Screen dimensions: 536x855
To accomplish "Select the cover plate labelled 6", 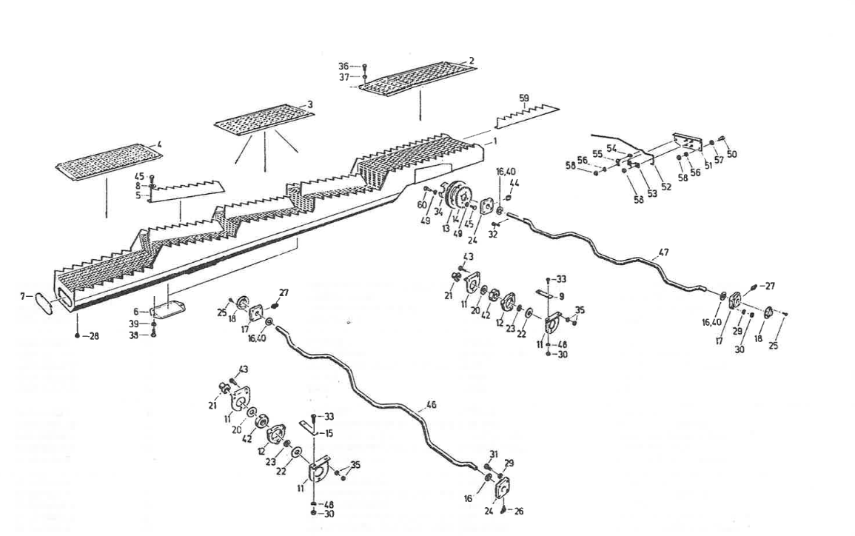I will point(168,306).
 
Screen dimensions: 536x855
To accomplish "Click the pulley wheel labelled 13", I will point(457,198).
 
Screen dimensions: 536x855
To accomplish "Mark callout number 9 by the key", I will point(562,295).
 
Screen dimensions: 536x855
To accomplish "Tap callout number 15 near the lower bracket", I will point(329,432).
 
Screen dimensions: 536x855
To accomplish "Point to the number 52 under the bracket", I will point(666,187).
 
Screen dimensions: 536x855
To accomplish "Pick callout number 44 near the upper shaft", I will point(514,183).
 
